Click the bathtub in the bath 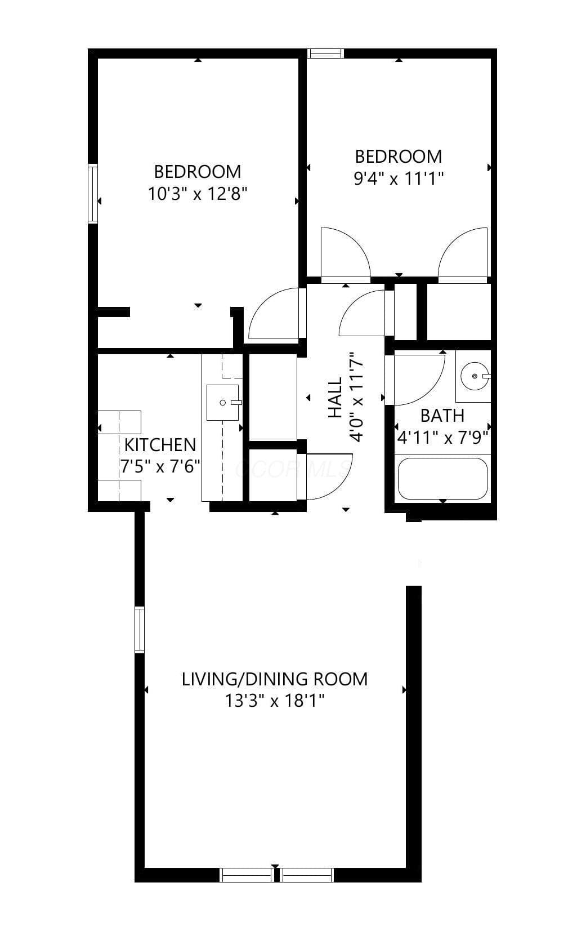(442, 479)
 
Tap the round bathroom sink (475, 376)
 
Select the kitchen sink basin (222, 403)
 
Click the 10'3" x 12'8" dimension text (198, 194)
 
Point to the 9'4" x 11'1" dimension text (398, 179)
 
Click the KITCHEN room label (160, 445)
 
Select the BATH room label (442, 416)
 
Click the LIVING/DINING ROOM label (274, 679)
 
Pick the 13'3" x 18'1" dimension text (274, 701)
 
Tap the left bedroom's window (93, 194)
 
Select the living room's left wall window (139, 630)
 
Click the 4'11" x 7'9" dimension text (443, 438)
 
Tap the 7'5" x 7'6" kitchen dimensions (160, 466)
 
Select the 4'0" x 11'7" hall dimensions (357, 396)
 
